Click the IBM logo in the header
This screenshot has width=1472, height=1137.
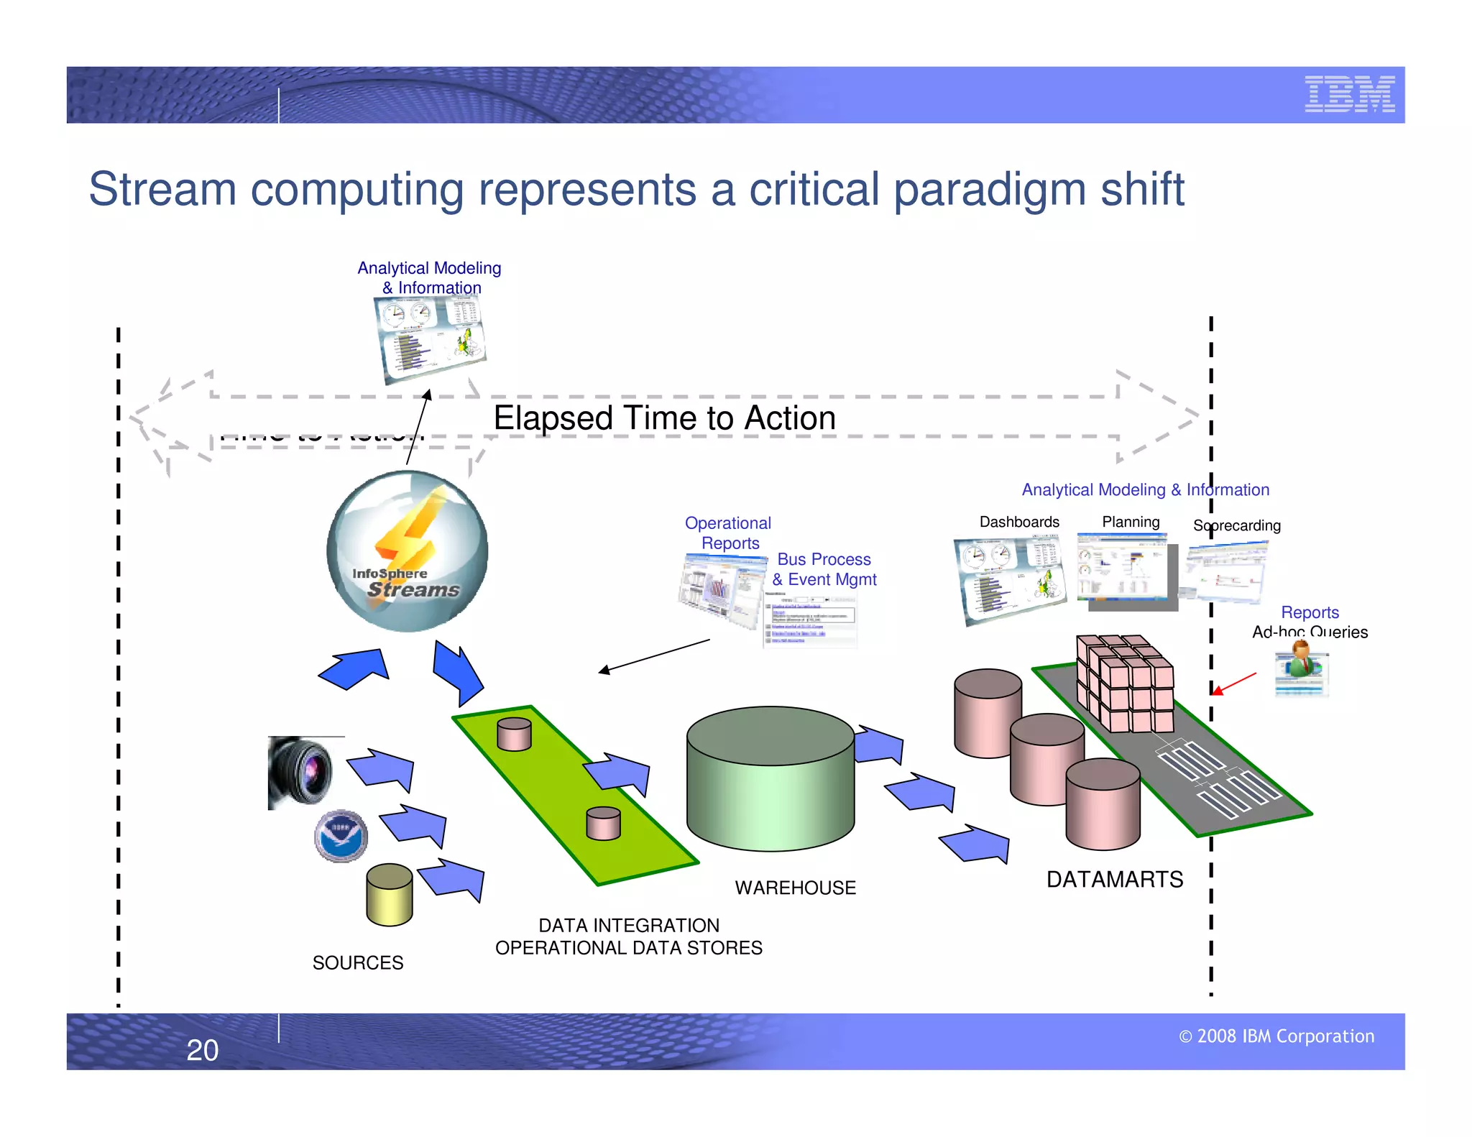click(x=1349, y=94)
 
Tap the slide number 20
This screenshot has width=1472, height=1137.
click(x=202, y=1050)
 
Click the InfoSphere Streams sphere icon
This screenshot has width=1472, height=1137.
click(x=407, y=551)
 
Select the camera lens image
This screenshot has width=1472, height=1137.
click(x=301, y=773)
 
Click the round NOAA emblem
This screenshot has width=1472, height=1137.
click(x=341, y=836)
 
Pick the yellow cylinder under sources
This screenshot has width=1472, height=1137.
click(x=389, y=895)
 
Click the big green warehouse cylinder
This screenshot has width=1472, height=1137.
click(x=770, y=778)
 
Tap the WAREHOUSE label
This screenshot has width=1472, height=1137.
click(x=795, y=888)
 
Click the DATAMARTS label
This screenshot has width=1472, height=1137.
click(x=1114, y=879)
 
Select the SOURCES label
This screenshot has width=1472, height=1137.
click(x=357, y=962)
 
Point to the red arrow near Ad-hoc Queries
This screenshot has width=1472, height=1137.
click(x=1234, y=683)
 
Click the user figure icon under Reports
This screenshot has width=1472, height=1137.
click(x=1301, y=668)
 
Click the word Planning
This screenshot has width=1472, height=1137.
click(x=1131, y=522)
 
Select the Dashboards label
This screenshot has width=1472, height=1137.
click(x=1018, y=522)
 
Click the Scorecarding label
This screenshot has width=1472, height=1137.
click(x=1236, y=525)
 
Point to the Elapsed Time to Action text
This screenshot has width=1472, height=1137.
click(x=664, y=418)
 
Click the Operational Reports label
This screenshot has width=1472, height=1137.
click(x=728, y=533)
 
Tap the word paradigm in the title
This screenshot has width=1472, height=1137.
click(x=990, y=189)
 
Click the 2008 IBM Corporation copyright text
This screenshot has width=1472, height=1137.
click(x=1276, y=1036)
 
